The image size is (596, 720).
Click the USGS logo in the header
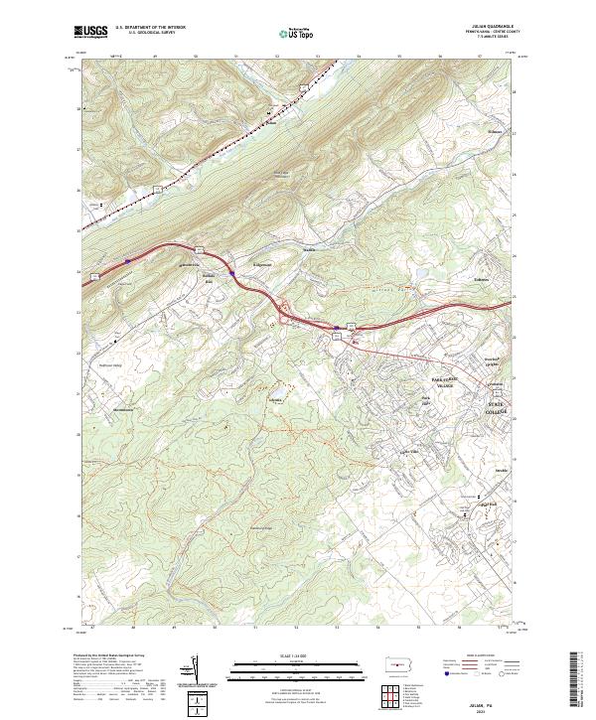coord(90,33)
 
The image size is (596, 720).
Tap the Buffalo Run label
coord(211,278)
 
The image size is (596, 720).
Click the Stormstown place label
coord(122,409)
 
